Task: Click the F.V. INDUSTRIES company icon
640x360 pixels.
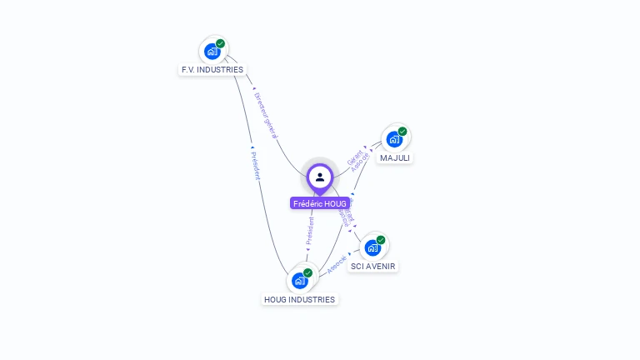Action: [212, 52]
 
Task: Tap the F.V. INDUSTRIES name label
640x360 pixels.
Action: [212, 70]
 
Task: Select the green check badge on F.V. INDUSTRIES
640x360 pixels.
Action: [221, 43]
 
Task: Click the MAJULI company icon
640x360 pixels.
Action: [394, 139]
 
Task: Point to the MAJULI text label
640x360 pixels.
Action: [395, 157]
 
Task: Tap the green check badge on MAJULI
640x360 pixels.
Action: [402, 131]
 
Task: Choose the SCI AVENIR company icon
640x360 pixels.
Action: [372, 247]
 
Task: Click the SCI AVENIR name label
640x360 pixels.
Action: [373, 267]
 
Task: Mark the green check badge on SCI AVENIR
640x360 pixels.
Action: [381, 240]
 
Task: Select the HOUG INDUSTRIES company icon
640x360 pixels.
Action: [299, 281]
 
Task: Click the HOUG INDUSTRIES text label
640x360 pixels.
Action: [299, 299]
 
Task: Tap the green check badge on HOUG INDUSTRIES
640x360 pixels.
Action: [307, 272]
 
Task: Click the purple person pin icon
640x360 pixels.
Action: [320, 177]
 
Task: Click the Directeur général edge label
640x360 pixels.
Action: [266, 115]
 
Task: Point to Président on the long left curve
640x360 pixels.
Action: [256, 165]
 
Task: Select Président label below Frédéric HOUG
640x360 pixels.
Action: [310, 231]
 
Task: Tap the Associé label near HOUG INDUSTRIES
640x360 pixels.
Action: [337, 264]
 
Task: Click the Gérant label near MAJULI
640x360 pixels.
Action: [354, 156]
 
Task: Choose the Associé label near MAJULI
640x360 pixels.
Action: [361, 162]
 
